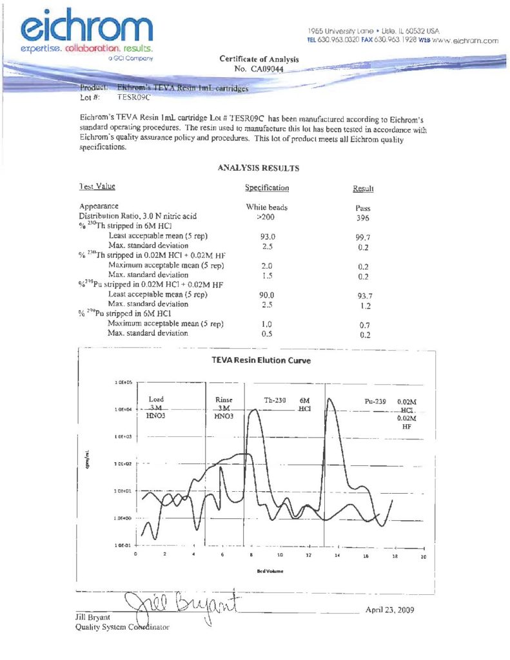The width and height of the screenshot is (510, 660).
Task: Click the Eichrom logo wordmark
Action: [x=87, y=27]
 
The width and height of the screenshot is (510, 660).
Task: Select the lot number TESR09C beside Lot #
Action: [x=133, y=97]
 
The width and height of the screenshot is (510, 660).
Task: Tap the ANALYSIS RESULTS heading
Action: [x=259, y=168]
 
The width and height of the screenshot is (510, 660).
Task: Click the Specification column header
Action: [x=267, y=188]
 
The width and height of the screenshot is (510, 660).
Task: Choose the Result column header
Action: [x=363, y=189]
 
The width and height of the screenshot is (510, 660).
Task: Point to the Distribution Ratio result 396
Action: [x=363, y=218]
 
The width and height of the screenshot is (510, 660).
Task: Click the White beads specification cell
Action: [x=267, y=208]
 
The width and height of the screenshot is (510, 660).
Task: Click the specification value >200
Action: [x=267, y=217]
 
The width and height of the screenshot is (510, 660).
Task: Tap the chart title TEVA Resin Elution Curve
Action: [x=260, y=360]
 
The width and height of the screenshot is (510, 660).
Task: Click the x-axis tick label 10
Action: [x=280, y=555]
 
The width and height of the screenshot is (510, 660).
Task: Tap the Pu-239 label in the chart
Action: [x=375, y=402]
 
